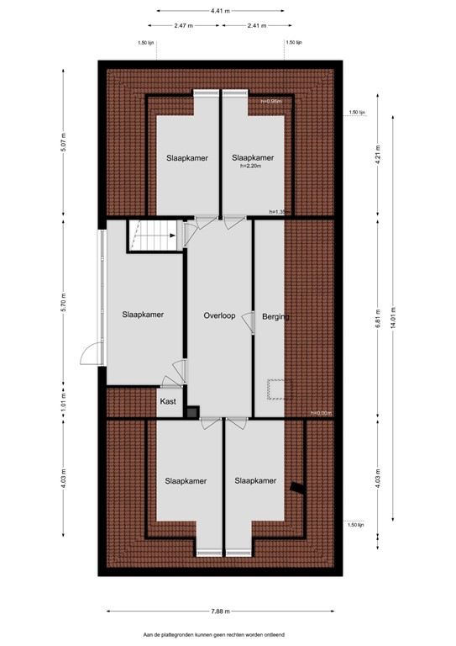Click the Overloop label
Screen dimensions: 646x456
(219, 315)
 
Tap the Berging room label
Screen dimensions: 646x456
(275, 317)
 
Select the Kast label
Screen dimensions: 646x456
(168, 403)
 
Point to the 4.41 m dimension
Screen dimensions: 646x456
(222, 11)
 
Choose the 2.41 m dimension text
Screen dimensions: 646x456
(258, 25)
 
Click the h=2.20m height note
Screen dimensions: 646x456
(252, 167)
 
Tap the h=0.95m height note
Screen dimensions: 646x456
(270, 102)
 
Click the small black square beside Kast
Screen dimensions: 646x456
(192, 412)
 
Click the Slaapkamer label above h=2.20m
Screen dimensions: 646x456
(253, 157)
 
